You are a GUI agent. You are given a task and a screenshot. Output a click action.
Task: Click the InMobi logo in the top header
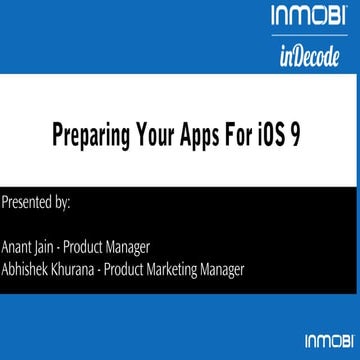307,16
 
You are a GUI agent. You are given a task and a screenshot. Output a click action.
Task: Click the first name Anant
16,247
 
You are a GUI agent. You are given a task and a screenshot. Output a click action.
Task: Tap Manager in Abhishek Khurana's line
230,271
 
